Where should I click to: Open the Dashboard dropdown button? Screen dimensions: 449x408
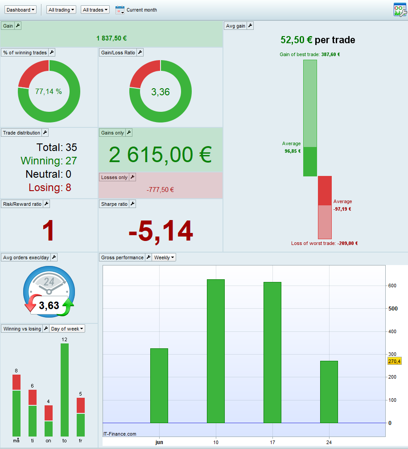point(21,10)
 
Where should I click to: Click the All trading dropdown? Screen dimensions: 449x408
point(61,10)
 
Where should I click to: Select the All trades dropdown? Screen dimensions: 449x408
point(95,10)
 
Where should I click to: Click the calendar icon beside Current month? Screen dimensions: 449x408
point(120,10)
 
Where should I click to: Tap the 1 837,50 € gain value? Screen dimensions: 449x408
point(111,38)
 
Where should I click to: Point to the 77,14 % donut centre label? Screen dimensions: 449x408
point(49,92)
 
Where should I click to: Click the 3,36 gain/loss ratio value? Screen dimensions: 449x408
point(160,92)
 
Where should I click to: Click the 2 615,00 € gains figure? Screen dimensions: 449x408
point(160,155)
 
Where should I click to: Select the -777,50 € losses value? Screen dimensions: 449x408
point(160,190)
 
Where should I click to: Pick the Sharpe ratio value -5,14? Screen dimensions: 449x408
point(161,231)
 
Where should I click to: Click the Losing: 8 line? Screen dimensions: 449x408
point(49,188)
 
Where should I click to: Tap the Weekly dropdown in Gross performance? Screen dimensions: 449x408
point(164,257)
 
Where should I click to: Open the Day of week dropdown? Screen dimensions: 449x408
point(67,329)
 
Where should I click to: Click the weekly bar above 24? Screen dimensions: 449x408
point(329,392)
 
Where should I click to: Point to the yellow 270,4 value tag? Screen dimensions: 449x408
point(394,361)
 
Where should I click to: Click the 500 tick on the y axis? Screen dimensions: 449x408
point(393,308)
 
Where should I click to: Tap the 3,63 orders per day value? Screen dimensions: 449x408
point(49,306)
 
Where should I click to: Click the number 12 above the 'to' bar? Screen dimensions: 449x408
point(65,339)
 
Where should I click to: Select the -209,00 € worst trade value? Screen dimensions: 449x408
point(347,244)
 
